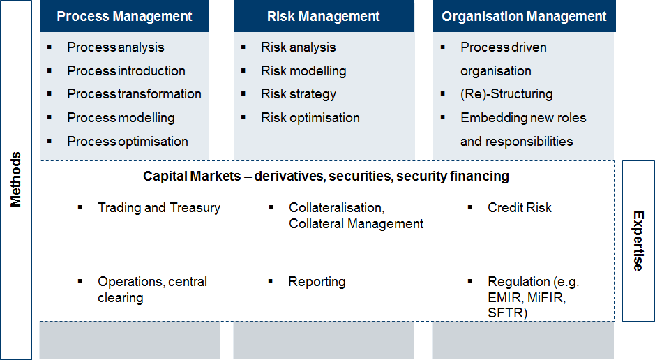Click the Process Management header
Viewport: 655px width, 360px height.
point(124,16)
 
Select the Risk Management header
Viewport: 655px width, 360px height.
point(324,16)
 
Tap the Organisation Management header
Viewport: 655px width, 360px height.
point(524,16)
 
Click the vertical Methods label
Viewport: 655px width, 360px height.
point(15,179)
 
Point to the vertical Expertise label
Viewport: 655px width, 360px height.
point(638,241)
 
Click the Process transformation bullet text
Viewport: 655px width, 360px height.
point(134,94)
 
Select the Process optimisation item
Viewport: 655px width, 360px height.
point(128,142)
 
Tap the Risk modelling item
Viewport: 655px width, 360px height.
point(303,71)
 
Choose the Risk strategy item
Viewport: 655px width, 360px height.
point(299,94)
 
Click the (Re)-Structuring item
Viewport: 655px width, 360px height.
point(506,94)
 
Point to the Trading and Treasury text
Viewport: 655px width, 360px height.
point(159,208)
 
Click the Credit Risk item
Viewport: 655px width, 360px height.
point(519,208)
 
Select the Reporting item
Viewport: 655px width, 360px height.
point(317,282)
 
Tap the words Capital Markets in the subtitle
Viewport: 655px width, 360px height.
point(192,177)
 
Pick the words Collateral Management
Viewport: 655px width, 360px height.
point(356,224)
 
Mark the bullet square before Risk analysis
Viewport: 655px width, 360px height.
point(243,47)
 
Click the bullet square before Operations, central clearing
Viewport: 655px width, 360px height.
point(80,281)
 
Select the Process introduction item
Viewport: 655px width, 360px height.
point(126,71)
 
